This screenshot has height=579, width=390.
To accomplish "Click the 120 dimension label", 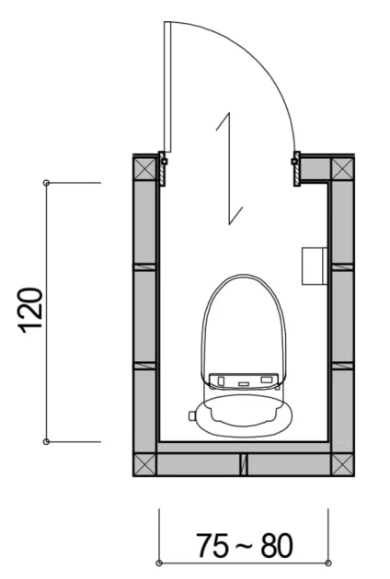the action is point(30,311).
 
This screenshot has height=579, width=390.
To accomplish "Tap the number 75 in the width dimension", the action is point(212,545).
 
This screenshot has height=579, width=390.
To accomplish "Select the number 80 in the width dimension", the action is point(277,545).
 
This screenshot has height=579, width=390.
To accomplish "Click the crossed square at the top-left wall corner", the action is point(144,168).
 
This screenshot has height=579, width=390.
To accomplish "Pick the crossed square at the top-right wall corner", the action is point(342,168).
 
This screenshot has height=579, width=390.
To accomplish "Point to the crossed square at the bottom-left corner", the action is point(144,464).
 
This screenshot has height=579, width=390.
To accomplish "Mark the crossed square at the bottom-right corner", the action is point(342,464).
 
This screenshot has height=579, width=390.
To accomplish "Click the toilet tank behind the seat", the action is point(244,416).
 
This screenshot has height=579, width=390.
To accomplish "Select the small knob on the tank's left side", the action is point(192,415).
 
